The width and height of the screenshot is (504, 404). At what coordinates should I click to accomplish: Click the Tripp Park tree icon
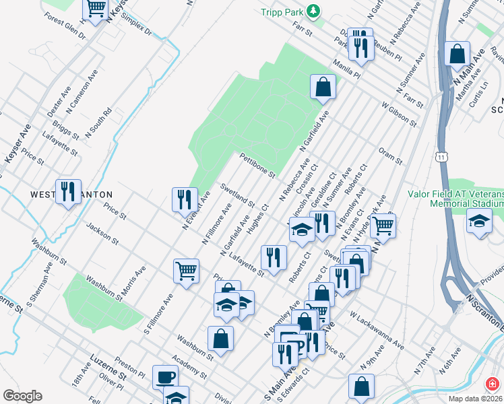click(x=313, y=11)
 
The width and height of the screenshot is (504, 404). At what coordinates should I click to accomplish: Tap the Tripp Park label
click(x=283, y=12)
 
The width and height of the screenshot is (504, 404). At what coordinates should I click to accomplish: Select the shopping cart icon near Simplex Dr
click(x=96, y=9)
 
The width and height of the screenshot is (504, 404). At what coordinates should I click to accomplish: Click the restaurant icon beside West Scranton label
click(x=68, y=191)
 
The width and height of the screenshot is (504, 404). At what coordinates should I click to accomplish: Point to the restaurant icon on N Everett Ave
click(x=185, y=199)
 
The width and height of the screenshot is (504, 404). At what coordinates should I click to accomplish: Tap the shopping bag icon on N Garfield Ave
click(x=323, y=86)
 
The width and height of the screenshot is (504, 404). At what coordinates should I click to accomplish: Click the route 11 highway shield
click(x=441, y=156)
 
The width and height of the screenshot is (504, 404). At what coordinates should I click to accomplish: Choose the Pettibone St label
click(x=257, y=165)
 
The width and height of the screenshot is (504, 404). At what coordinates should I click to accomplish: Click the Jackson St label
click(x=102, y=234)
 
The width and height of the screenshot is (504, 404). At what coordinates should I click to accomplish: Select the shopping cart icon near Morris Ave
click(x=186, y=271)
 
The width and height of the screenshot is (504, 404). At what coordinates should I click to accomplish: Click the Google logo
click(x=22, y=396)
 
